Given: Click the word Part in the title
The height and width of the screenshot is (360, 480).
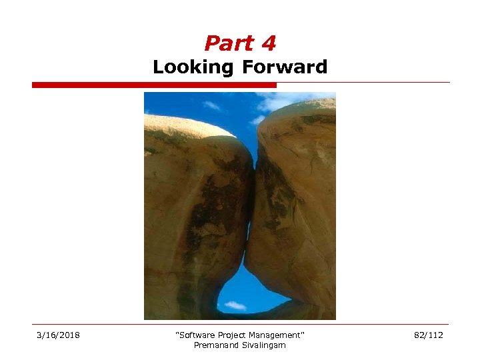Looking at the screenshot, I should (x=223, y=44).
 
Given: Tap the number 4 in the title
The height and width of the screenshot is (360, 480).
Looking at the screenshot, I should (x=268, y=44).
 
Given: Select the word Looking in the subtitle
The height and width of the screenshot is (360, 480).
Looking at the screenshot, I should (x=193, y=67).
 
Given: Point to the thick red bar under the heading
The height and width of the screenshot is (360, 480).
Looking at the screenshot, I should (x=154, y=85).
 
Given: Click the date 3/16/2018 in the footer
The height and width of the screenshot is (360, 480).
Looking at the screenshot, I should (x=58, y=335).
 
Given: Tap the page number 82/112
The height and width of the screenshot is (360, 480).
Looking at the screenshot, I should (x=427, y=335).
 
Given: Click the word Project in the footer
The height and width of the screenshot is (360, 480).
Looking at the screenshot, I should (x=231, y=335).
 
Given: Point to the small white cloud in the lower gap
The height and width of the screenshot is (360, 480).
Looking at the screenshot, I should (x=235, y=305).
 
